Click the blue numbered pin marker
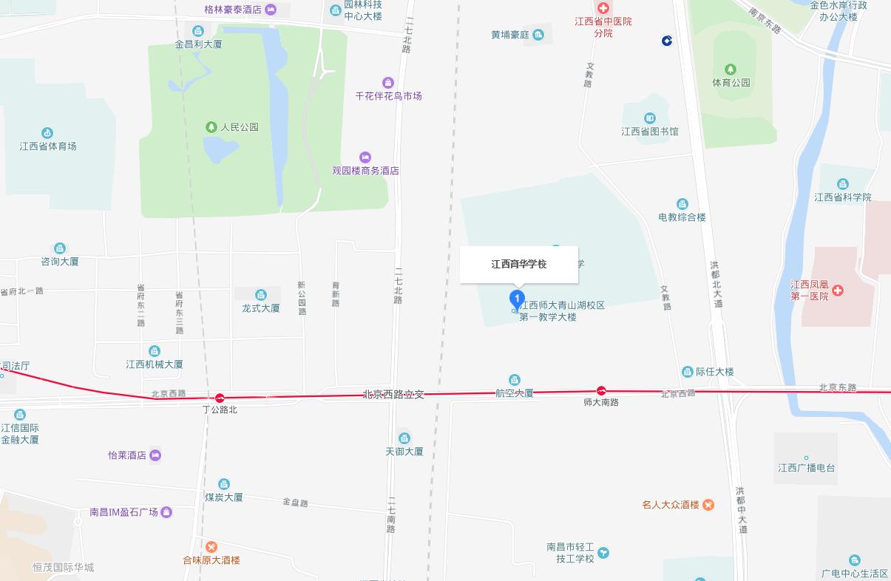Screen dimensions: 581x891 (x=518, y=300)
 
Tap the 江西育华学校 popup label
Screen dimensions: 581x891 (x=519, y=264)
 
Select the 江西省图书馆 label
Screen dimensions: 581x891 (x=649, y=132)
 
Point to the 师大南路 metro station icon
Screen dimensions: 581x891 (x=602, y=390)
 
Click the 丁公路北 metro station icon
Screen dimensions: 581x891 (x=220, y=398)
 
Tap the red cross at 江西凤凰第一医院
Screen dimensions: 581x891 (x=838, y=290)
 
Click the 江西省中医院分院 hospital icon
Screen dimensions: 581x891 (x=603, y=8)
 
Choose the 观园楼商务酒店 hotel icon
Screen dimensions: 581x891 (x=365, y=157)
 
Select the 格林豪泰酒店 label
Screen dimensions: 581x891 (x=233, y=10)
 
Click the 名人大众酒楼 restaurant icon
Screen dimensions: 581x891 (x=708, y=505)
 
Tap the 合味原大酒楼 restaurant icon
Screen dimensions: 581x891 (x=211, y=547)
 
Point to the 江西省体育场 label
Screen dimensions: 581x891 (x=48, y=146)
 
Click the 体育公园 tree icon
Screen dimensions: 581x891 (x=731, y=70)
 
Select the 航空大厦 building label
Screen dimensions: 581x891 (x=514, y=393)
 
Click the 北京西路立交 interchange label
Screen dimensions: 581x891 (x=393, y=395)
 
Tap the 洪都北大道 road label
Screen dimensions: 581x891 (x=715, y=284)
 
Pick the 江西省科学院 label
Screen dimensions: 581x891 (x=842, y=197)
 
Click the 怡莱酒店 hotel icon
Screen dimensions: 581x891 (x=155, y=455)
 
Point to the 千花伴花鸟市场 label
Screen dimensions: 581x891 (x=388, y=96)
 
